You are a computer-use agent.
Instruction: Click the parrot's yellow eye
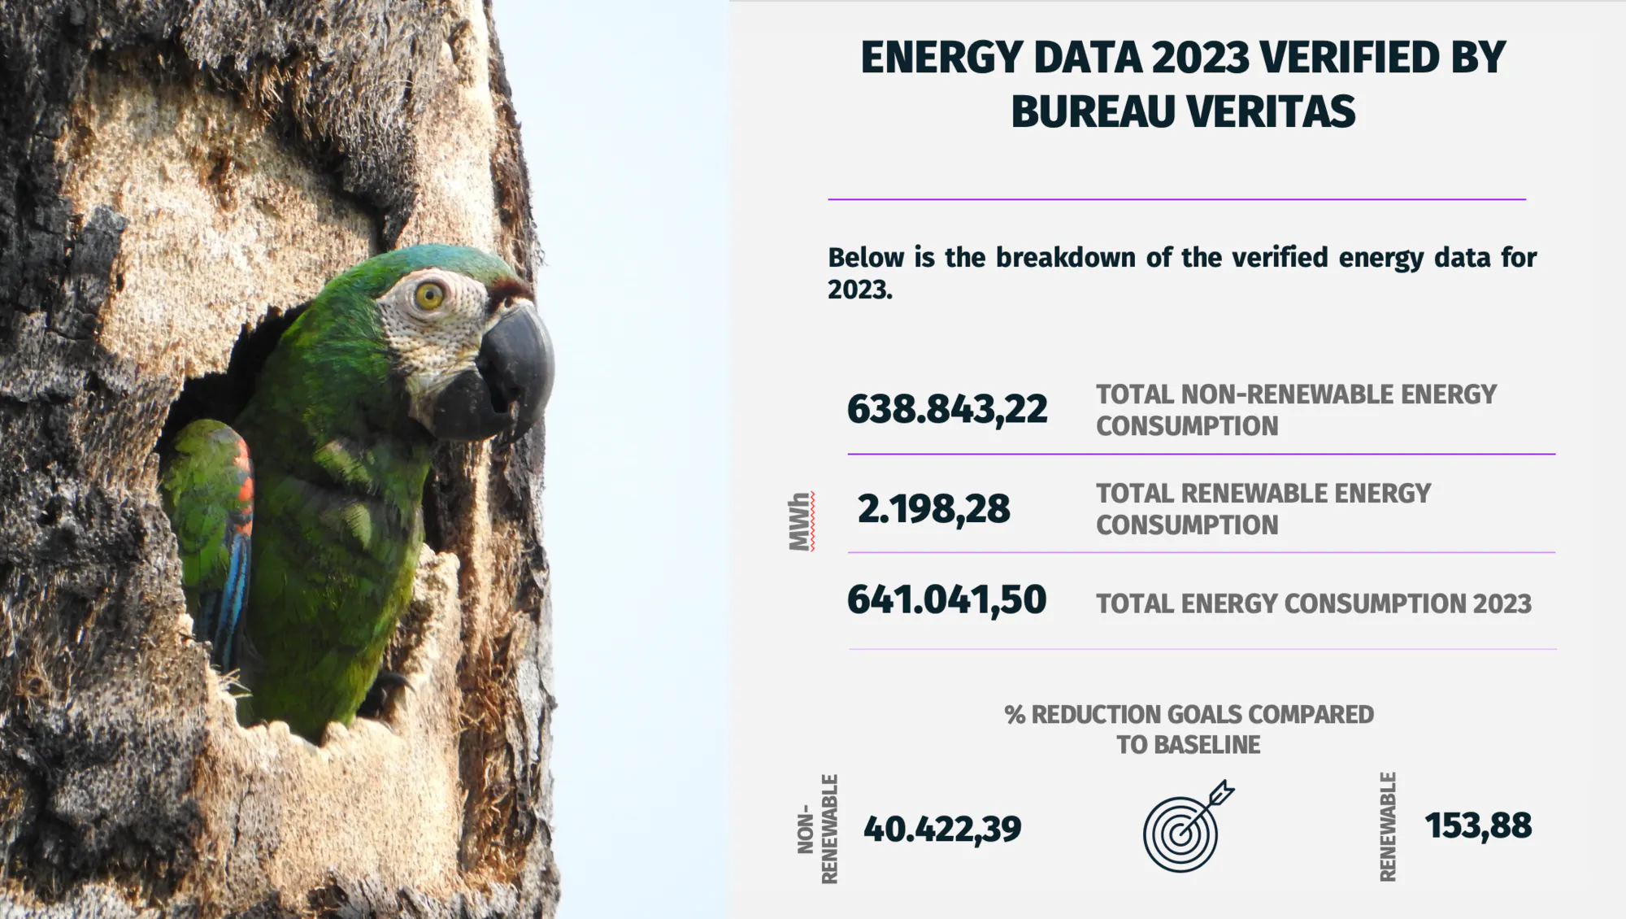[428, 295]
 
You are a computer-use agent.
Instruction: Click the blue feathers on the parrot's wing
[234, 586]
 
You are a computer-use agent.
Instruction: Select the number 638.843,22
[947, 409]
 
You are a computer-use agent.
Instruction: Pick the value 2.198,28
[933, 509]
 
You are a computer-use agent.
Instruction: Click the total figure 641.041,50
[946, 599]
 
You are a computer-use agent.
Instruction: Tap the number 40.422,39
[942, 829]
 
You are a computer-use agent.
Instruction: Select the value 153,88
[1478, 825]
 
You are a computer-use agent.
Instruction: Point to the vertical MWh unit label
[801, 521]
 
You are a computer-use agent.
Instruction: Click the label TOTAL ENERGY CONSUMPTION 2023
[1314, 603]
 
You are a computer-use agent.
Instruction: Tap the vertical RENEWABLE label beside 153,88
[1388, 826]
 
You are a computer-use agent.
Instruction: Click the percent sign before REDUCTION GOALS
[1015, 715]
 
